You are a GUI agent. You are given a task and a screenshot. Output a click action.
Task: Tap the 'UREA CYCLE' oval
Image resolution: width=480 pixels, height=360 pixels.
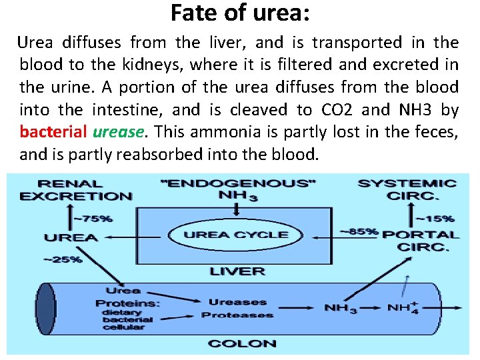(x=236, y=235)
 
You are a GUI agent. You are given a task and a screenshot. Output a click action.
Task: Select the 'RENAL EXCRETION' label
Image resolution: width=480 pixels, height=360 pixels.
(x=75, y=189)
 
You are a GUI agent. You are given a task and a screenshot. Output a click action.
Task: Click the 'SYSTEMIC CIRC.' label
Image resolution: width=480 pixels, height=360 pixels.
(x=407, y=190)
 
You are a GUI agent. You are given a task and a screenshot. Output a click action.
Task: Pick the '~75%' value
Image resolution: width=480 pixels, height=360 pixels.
(x=93, y=217)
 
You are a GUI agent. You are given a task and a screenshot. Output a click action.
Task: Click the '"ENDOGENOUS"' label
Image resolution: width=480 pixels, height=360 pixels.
(x=238, y=183)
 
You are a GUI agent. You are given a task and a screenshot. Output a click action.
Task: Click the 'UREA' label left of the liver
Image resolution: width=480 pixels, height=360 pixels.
(x=71, y=237)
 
